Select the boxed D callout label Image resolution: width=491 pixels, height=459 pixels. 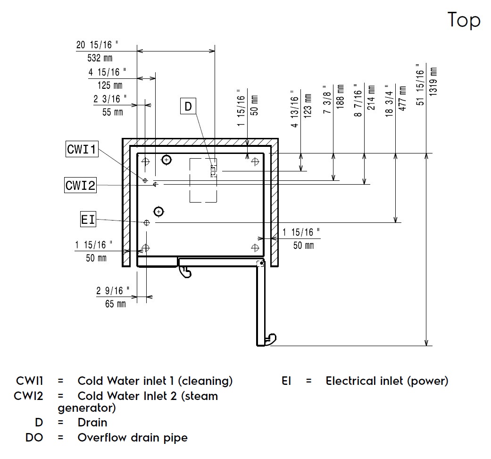click(188, 106)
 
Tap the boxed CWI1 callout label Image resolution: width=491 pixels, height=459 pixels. click(82, 150)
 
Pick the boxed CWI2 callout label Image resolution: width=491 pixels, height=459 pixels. click(80, 185)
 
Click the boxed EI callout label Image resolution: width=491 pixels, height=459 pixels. click(88, 220)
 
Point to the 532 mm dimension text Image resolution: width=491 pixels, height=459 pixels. click(97, 59)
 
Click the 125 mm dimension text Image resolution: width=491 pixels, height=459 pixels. click(110, 85)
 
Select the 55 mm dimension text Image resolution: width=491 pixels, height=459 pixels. click(112, 112)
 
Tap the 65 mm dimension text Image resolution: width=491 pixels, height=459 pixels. click(116, 304)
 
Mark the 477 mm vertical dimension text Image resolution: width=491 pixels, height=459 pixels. click(402, 98)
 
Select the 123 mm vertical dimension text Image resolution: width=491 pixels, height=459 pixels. click(308, 105)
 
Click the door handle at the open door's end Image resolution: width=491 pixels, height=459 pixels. click(270, 338)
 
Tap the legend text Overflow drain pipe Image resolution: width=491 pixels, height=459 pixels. click(132, 438)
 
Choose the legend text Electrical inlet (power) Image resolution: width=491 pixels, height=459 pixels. click(387, 381)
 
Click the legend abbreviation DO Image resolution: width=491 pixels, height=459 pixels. click(34, 438)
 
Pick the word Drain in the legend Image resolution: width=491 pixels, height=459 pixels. click(92, 423)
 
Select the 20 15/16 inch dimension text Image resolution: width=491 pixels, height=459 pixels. click(97, 45)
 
